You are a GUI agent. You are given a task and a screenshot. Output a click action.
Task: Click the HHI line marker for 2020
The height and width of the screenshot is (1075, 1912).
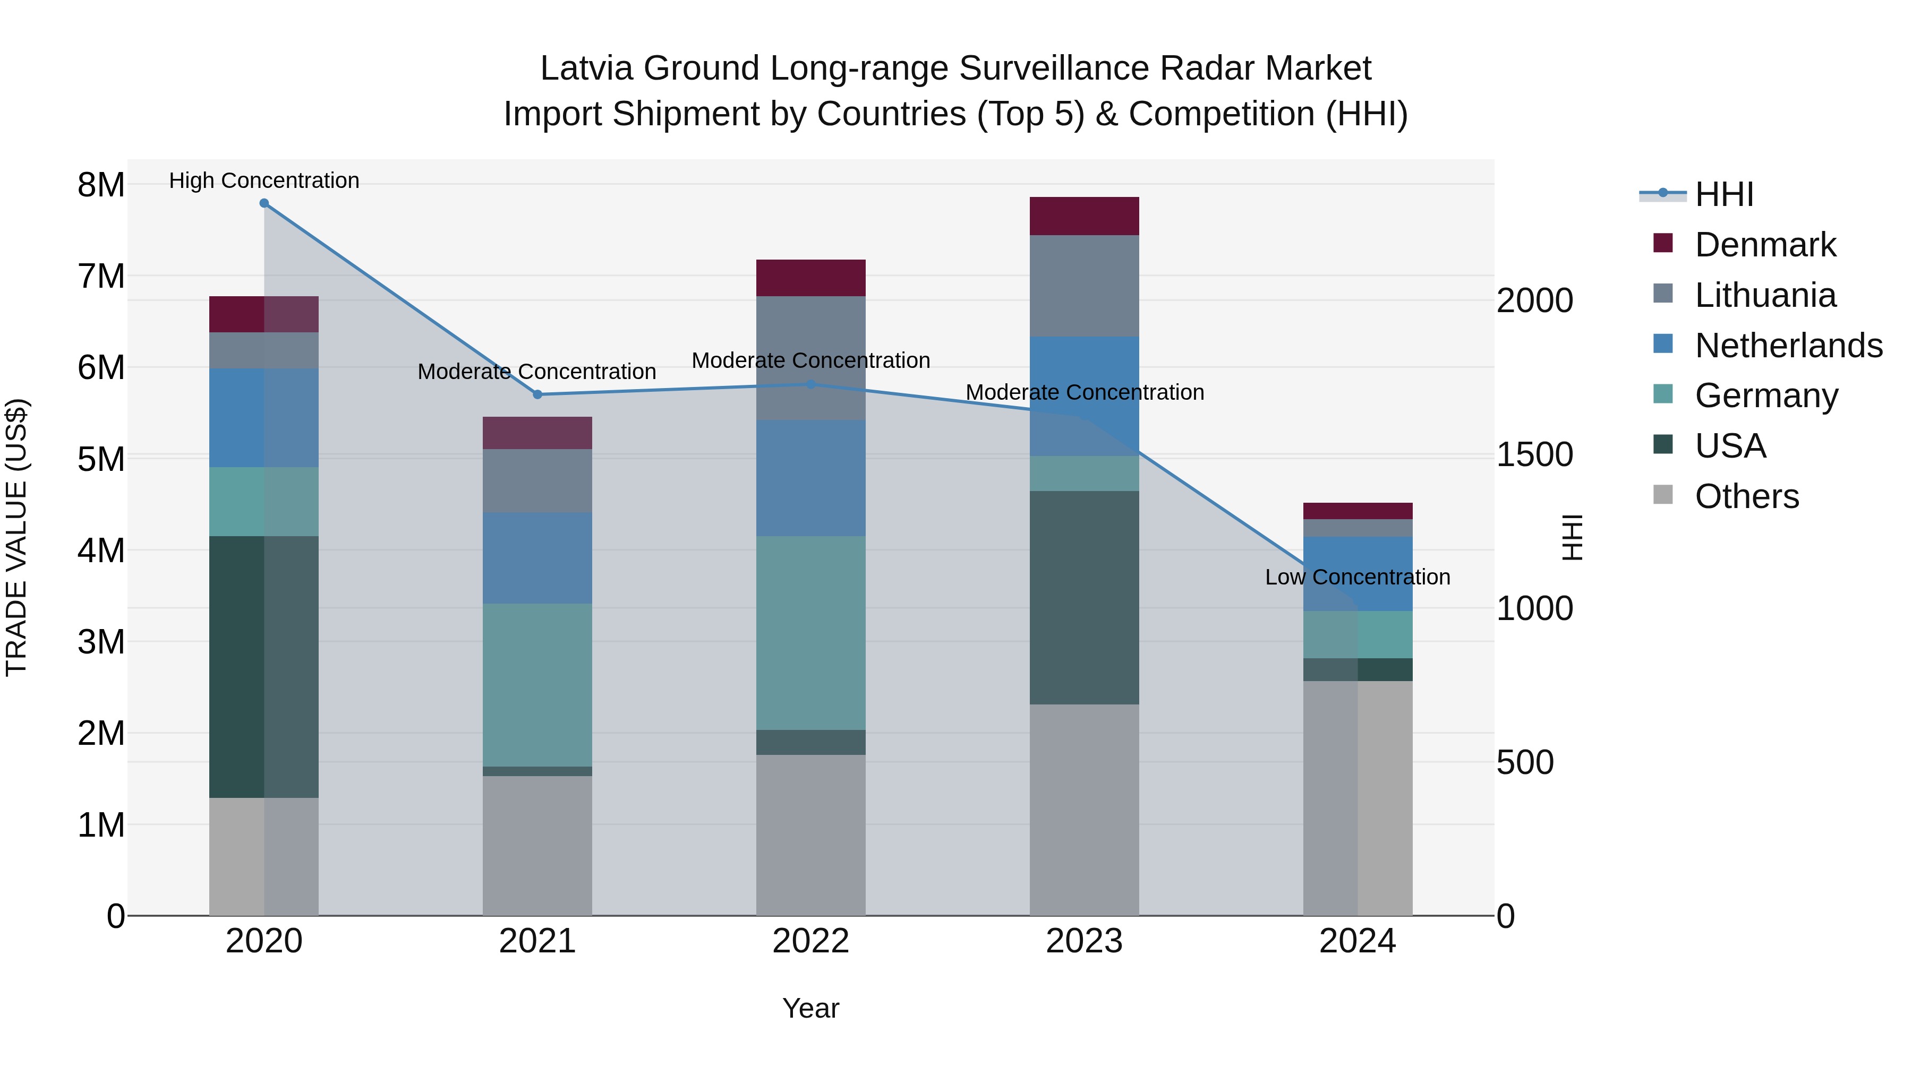pos(264,203)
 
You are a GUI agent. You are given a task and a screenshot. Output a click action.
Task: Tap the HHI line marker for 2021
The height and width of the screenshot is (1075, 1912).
pos(537,394)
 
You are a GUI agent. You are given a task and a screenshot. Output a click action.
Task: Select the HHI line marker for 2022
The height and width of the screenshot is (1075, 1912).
pos(810,384)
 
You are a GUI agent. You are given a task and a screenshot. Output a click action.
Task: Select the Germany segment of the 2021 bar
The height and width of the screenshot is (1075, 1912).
pos(537,684)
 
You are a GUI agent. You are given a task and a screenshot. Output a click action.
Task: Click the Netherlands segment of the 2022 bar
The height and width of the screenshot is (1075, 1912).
pos(810,478)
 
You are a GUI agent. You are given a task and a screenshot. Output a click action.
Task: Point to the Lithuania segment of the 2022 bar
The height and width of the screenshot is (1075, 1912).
pos(810,358)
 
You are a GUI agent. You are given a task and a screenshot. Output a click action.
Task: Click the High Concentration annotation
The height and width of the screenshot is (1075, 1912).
pos(264,181)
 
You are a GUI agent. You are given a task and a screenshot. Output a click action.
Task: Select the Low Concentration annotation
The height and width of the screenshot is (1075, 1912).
pos(1357,577)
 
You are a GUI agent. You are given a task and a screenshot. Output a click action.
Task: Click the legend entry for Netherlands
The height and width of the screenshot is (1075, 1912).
pos(1788,346)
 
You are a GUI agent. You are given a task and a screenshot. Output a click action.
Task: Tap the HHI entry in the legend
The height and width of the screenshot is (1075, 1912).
pos(1723,194)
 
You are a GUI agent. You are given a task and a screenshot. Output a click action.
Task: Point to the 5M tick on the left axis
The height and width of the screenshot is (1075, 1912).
pos(101,459)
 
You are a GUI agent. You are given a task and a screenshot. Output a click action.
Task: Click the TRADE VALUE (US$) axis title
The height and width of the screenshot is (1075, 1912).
pos(17,537)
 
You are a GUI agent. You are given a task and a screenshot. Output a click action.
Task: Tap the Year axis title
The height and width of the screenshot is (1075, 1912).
pos(810,1008)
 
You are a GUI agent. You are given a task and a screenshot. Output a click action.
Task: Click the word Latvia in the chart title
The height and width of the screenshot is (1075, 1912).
pos(586,68)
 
